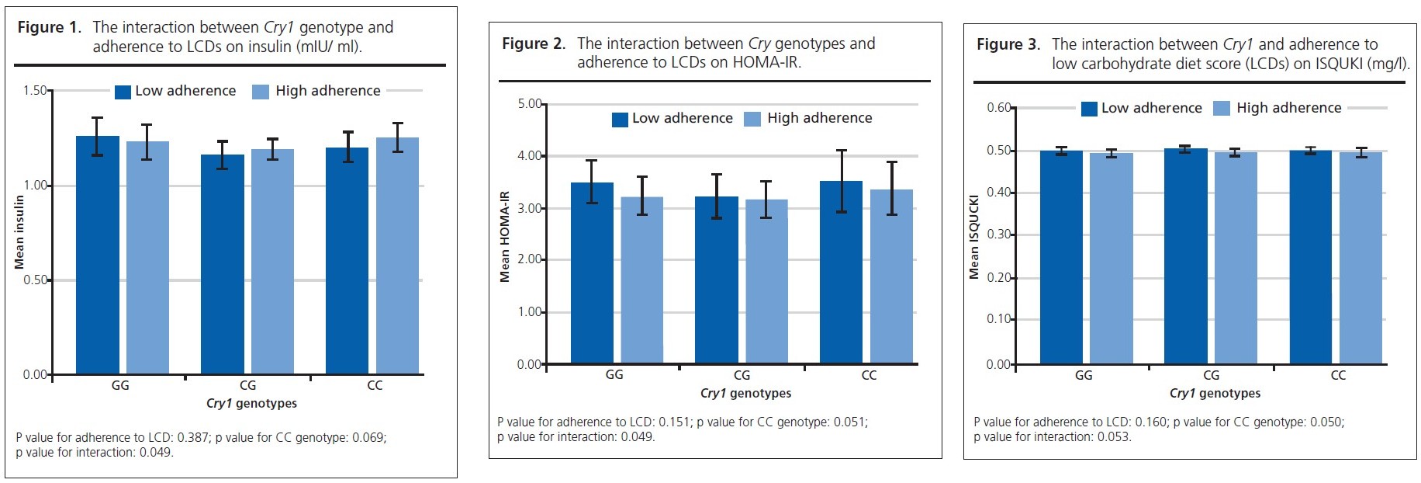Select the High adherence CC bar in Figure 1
click(x=397, y=255)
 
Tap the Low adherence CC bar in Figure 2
click(x=841, y=272)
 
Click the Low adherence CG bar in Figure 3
click(x=1185, y=256)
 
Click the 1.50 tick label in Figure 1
click(x=35, y=91)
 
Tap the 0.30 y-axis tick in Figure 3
click(x=998, y=235)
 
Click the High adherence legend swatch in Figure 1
click(x=261, y=92)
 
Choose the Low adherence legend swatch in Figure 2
click(x=620, y=119)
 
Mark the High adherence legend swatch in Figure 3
click(x=1222, y=109)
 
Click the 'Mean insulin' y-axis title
click(x=20, y=232)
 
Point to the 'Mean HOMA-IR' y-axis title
click(x=505, y=236)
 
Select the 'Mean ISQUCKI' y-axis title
click(x=974, y=237)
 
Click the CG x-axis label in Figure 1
click(x=247, y=385)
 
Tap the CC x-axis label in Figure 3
click(x=1338, y=375)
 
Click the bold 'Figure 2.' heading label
click(x=534, y=44)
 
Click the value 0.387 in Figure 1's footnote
click(x=192, y=438)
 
